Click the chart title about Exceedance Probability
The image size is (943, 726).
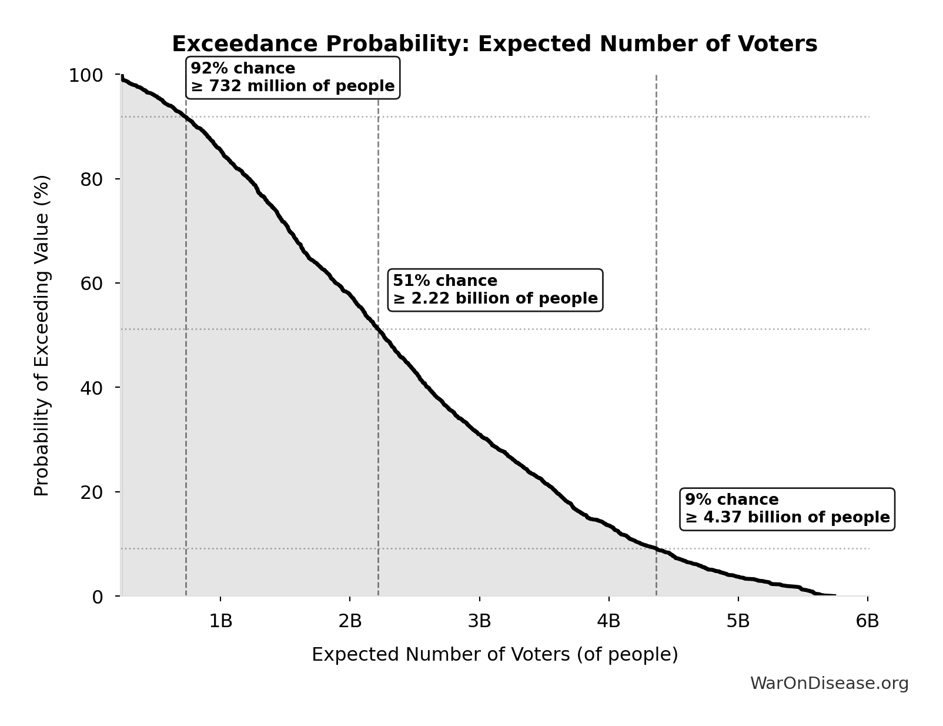(x=494, y=44)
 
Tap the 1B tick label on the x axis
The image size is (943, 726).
(x=220, y=621)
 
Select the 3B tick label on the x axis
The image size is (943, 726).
(x=479, y=621)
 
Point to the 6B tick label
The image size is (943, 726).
(x=867, y=621)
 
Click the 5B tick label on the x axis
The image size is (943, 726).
(x=738, y=621)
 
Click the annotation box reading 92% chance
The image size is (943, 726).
(x=293, y=78)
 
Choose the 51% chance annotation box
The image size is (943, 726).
(x=495, y=290)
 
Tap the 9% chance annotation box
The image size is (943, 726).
(x=787, y=509)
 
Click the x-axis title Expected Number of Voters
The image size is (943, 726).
(x=494, y=655)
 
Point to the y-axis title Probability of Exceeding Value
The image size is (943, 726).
(x=42, y=335)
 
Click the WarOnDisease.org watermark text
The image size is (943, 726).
(x=829, y=684)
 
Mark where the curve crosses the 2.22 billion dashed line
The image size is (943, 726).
(x=378, y=329)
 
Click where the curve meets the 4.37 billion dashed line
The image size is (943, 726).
(x=656, y=549)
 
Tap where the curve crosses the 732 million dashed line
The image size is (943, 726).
(x=186, y=117)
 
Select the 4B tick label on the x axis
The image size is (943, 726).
(x=608, y=621)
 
